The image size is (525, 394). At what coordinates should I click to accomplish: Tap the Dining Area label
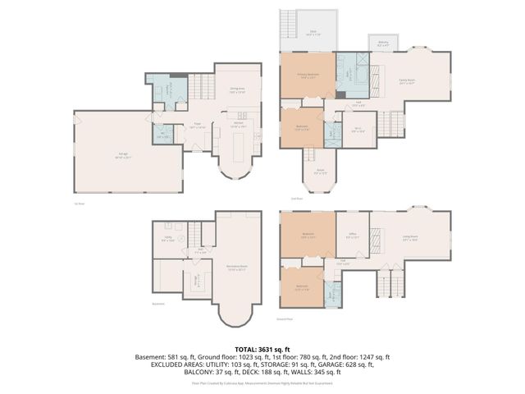click(x=237, y=91)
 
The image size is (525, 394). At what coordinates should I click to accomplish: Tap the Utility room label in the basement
click(x=167, y=239)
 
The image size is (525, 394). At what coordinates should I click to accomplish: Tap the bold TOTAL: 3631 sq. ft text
click(x=262, y=350)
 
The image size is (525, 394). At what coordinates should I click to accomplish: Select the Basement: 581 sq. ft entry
click(x=167, y=357)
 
